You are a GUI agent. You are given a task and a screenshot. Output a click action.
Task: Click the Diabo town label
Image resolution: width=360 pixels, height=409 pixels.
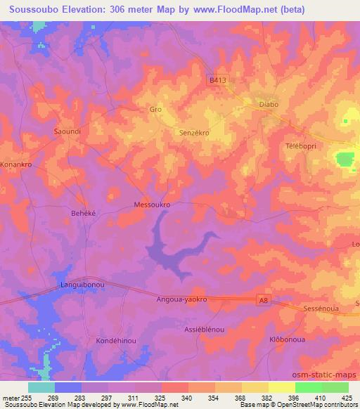(269, 104)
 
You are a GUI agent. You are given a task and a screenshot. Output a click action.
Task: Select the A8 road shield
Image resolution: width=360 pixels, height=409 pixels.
(263, 300)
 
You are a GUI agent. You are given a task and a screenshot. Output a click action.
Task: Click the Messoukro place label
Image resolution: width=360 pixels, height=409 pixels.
(152, 204)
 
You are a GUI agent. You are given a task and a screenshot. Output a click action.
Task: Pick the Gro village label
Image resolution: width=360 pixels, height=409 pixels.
(155, 109)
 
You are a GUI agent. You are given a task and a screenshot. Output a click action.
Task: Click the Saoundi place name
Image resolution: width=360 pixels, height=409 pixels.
(68, 131)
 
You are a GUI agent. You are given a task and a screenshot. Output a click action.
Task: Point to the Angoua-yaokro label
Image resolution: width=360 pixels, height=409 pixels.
(181, 299)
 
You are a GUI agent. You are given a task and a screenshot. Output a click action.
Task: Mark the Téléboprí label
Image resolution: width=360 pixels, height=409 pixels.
(302, 145)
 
